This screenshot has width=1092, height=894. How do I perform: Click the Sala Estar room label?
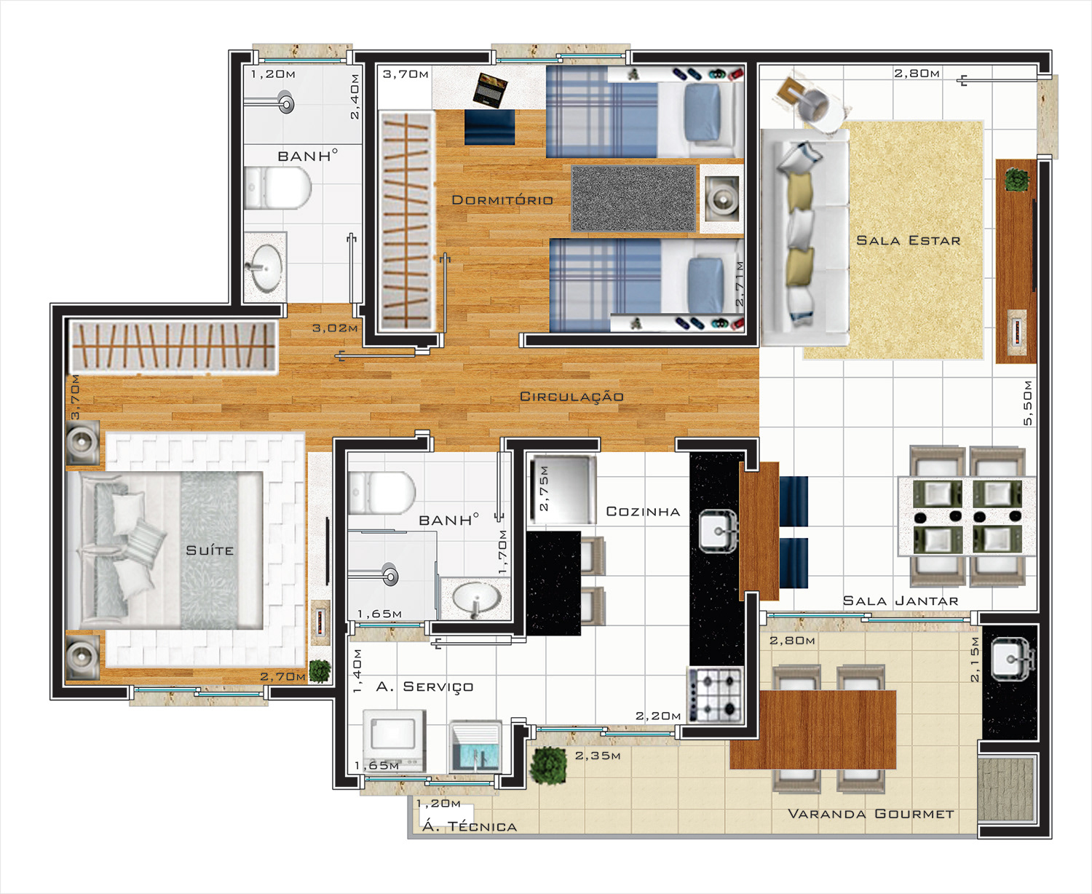(909, 240)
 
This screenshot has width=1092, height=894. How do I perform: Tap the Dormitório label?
(502, 200)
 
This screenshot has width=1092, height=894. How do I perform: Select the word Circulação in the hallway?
(571, 397)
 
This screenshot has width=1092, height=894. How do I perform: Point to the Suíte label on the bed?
(210, 550)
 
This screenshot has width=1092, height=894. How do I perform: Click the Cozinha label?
(643, 512)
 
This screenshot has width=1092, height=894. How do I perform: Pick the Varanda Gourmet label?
(871, 814)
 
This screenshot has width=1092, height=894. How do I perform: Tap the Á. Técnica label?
(470, 826)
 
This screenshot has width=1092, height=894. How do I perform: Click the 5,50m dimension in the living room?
(1028, 403)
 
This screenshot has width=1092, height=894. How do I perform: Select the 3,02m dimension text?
(335, 328)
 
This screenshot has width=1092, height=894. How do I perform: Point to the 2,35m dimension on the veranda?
(598, 756)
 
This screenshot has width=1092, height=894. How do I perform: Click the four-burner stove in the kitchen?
(715, 695)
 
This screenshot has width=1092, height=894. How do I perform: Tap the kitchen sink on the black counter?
(718, 531)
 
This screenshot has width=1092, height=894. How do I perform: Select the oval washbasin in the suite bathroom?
(476, 598)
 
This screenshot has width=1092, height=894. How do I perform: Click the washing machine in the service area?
(394, 740)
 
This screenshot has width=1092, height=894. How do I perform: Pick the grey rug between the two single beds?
(634, 198)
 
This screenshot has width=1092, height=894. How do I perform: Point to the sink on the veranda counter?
(1012, 659)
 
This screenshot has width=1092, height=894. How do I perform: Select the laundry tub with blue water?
(475, 747)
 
